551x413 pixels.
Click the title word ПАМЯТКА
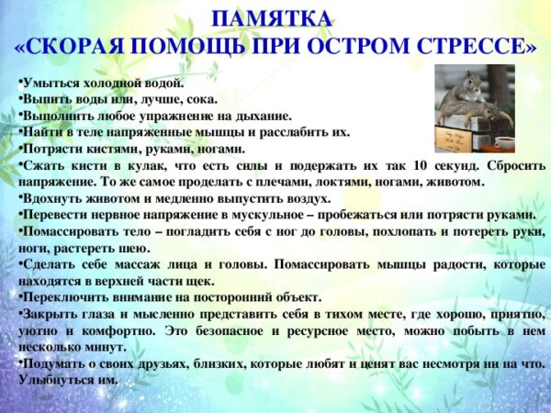[x=271, y=19]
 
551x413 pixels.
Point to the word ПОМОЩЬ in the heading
[x=189, y=46]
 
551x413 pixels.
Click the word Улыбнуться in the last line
[x=52, y=380]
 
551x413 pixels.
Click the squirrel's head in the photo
[x=469, y=83]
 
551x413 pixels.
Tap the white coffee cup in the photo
[x=504, y=142]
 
